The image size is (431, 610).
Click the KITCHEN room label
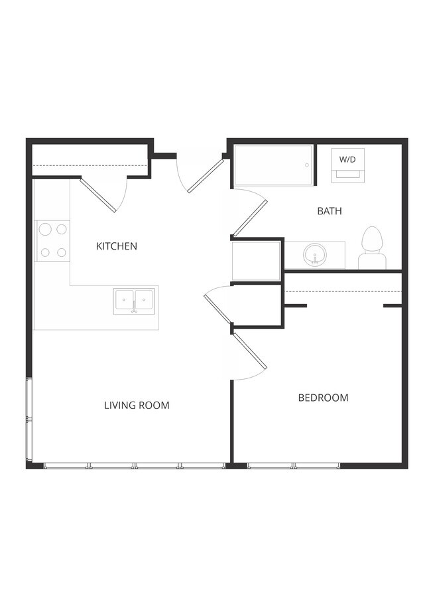pos(117,246)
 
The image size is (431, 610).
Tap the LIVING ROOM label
pos(137,405)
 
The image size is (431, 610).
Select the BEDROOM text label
pos(323,398)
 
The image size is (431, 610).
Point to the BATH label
pos(330,211)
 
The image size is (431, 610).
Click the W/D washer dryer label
pos(347,159)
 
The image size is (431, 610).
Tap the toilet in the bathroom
pos(372,248)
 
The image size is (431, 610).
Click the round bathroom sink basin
pos(314,255)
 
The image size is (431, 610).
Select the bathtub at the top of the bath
pos(273,165)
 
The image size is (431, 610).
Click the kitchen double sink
pos(134,301)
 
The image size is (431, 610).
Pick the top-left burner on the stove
pos(45,230)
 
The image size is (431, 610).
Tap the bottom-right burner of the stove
pos(62,252)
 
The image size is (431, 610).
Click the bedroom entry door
pos(249,350)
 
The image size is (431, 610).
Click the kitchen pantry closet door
pos(98,194)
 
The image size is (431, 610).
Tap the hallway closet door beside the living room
pos(217,309)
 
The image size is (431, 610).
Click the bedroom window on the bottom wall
pos(293,466)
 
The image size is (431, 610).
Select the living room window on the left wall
pos(28,419)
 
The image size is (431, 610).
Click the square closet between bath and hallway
pos(257,261)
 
